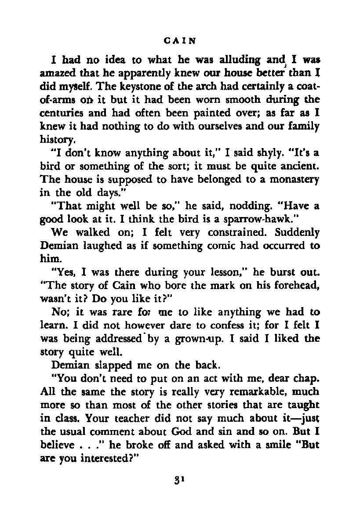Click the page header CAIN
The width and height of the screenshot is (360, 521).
pyautogui.click(x=179, y=41)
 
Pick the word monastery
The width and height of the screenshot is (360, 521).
pyautogui.click(x=295, y=180)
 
